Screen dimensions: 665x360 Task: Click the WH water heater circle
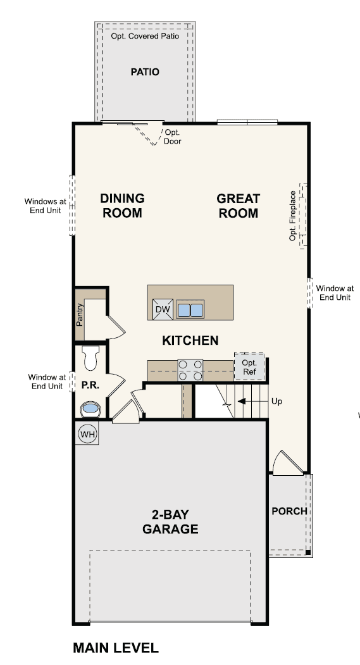click(x=87, y=435)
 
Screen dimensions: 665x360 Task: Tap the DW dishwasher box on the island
click(x=162, y=309)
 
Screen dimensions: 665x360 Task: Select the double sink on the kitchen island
click(x=190, y=310)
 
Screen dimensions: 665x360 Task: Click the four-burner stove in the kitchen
click(x=190, y=370)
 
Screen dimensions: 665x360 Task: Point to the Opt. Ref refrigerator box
click(x=249, y=368)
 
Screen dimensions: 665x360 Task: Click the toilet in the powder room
click(x=90, y=357)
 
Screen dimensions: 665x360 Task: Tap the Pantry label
click(x=80, y=314)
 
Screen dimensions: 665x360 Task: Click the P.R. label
click(x=90, y=385)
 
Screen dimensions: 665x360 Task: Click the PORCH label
click(x=289, y=511)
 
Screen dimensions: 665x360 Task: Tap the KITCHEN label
click(x=190, y=340)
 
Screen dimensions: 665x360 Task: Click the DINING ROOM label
click(x=122, y=206)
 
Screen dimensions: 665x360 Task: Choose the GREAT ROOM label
click(x=239, y=206)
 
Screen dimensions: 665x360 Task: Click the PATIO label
click(x=145, y=71)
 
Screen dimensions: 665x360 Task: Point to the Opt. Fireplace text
click(x=292, y=216)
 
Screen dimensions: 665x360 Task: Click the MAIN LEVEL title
click(x=115, y=647)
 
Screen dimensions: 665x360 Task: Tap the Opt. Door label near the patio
click(x=173, y=137)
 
